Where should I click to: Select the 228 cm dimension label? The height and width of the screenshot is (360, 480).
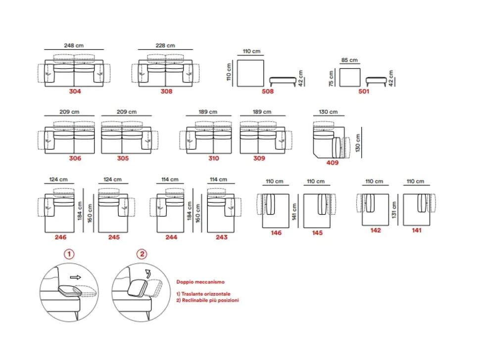click(165, 45)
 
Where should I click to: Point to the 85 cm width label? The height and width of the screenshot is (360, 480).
click(349, 60)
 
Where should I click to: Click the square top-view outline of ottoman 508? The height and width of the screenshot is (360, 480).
click(251, 73)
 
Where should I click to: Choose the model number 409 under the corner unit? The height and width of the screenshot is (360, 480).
click(333, 162)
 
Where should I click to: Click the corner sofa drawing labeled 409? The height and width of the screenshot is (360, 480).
click(329, 139)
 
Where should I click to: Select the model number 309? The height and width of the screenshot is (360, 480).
click(259, 158)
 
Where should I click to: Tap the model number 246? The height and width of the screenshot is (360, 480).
click(60, 237)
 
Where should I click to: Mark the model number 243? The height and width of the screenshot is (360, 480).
click(222, 237)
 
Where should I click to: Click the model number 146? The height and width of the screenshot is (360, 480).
click(276, 232)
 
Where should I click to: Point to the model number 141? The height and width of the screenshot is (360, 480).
click(417, 230)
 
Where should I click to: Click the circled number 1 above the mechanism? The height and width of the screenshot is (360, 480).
click(70, 254)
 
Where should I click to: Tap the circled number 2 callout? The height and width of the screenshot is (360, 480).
click(142, 254)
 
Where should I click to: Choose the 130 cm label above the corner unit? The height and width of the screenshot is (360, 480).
click(329, 112)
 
